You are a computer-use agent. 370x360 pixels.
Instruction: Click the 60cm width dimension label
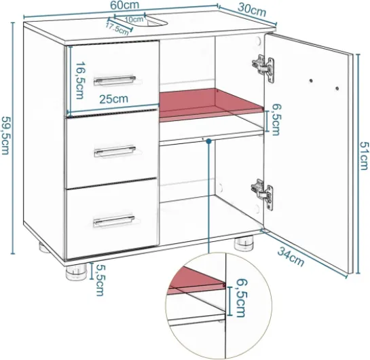click(125, 5)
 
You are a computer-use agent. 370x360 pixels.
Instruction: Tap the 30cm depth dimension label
click(252, 10)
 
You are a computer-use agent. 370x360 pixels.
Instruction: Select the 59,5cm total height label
click(5, 134)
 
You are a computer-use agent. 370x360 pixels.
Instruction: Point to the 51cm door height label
click(364, 156)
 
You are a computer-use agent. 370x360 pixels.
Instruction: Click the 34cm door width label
click(291, 256)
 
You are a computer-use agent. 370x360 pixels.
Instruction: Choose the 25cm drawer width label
click(113, 99)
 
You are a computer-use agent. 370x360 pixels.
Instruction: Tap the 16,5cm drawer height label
click(80, 81)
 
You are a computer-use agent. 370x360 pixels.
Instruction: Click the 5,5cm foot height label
click(100, 281)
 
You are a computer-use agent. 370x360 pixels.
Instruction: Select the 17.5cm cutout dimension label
click(117, 29)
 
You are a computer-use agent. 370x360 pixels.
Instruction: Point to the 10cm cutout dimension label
click(134, 19)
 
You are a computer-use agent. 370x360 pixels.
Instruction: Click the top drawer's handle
click(115, 80)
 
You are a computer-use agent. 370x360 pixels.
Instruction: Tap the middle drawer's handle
click(115, 151)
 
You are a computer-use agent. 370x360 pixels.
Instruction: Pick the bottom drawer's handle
click(114, 221)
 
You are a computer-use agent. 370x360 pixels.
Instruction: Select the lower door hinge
click(262, 194)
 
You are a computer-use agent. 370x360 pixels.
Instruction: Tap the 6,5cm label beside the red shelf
click(276, 120)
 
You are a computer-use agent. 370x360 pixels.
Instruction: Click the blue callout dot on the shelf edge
click(208, 141)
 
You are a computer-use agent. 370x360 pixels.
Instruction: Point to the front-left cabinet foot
click(77, 272)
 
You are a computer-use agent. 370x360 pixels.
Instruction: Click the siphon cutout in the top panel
click(155, 20)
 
